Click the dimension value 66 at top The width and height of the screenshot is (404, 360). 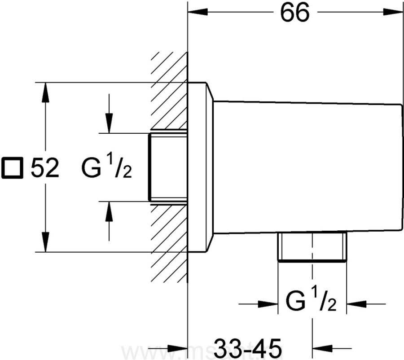(x=295, y=13)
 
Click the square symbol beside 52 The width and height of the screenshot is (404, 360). (x=12, y=168)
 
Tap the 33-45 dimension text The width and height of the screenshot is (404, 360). (x=248, y=348)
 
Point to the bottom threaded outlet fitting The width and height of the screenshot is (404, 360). (x=312, y=246)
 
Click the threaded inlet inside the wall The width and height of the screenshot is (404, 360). (x=167, y=167)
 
